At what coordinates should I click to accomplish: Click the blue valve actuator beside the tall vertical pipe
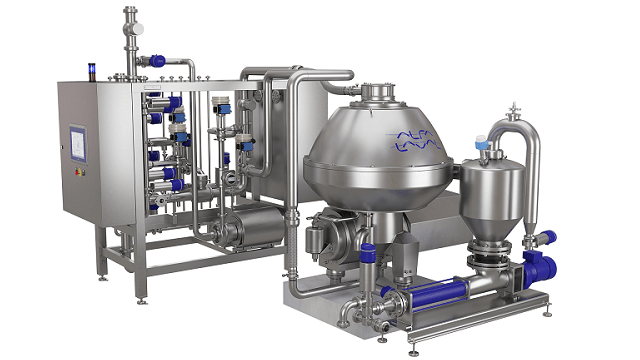(157, 60)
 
